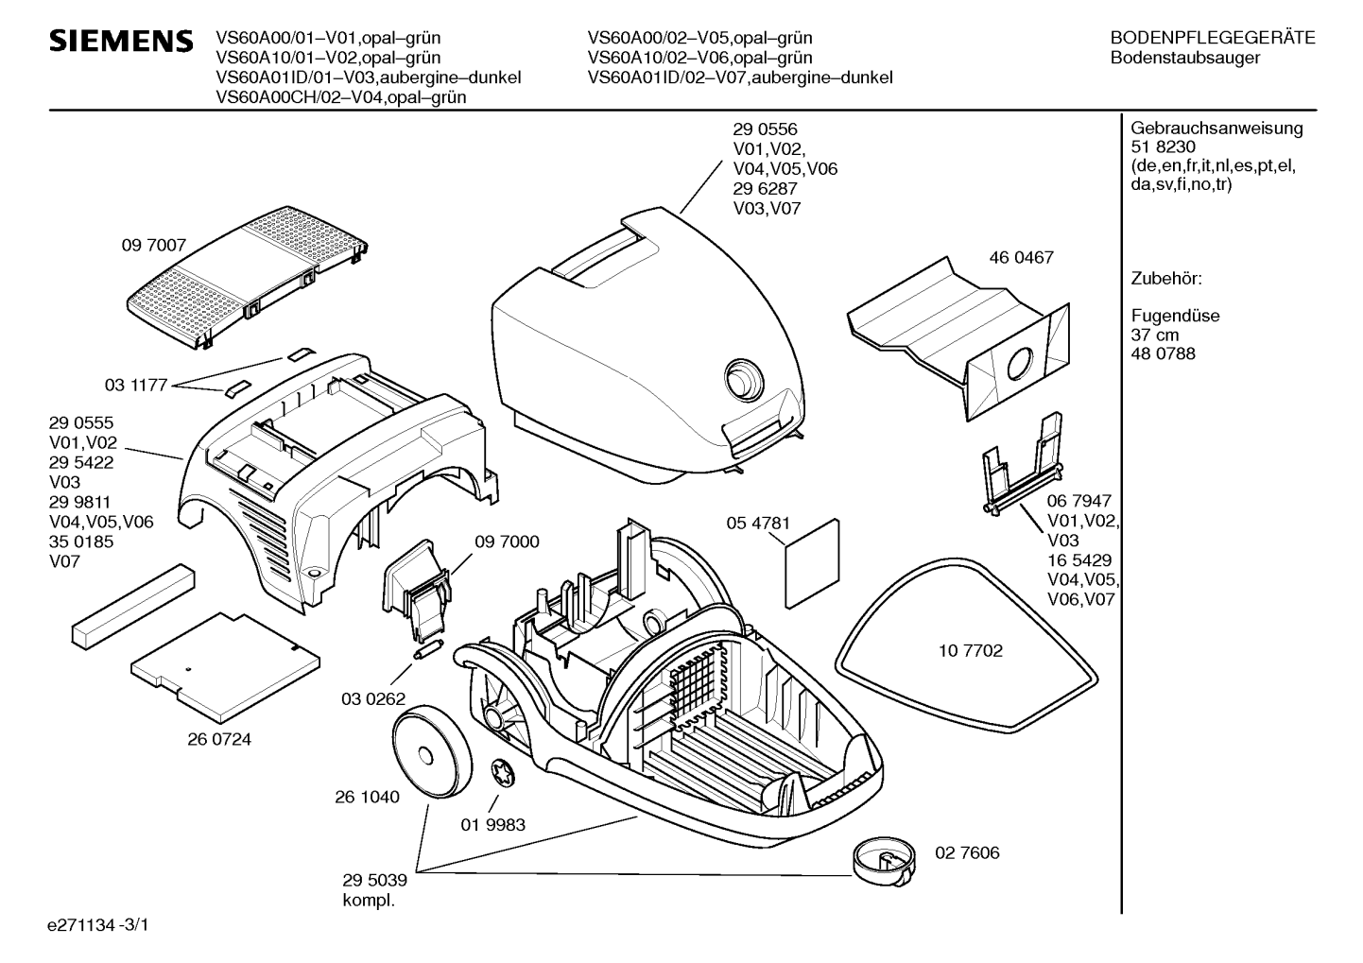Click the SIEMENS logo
click(121, 41)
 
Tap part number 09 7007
click(153, 245)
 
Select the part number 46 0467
click(1021, 257)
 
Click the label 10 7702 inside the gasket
click(970, 651)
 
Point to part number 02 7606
click(967, 852)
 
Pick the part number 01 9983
click(492, 825)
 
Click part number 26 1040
click(367, 797)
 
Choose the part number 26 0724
click(219, 740)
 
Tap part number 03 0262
click(373, 699)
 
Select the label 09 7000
click(507, 542)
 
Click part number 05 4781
click(758, 524)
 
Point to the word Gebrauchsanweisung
click(1217, 129)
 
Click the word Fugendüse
click(1176, 316)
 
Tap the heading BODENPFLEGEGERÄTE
click(1214, 38)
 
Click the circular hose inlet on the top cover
click(744, 381)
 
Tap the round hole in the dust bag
click(1019, 365)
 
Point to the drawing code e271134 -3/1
click(98, 925)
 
